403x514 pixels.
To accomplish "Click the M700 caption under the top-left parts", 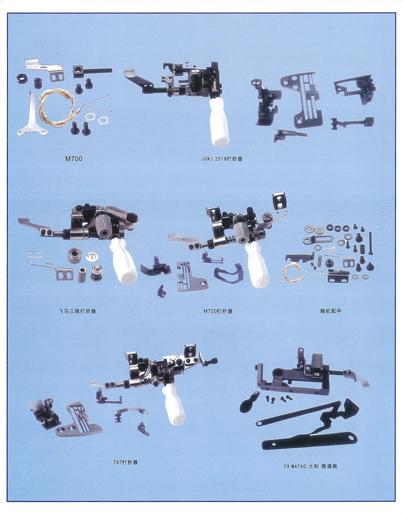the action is pyautogui.click(x=74, y=159).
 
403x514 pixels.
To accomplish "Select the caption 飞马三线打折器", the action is pyautogui.click(x=77, y=311).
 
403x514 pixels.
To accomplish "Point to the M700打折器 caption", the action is pyautogui.click(x=218, y=311).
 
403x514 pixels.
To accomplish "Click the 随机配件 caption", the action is pyautogui.click(x=331, y=311).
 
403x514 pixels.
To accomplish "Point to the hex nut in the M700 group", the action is pyautogui.click(x=22, y=78).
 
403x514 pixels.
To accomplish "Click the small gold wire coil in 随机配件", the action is pyautogui.click(x=292, y=273).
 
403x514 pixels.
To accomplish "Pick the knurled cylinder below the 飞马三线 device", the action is pyautogui.click(x=75, y=256).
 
